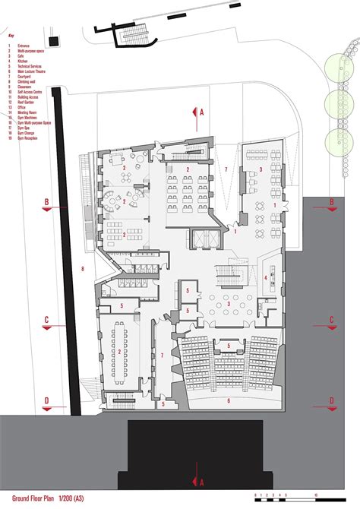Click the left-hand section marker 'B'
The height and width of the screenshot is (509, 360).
(x=46, y=203)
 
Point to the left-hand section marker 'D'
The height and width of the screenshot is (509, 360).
(x=46, y=400)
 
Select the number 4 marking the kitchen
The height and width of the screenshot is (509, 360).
(x=265, y=278)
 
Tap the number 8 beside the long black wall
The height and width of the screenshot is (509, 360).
(x=82, y=268)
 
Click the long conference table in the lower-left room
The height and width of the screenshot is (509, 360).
(x=118, y=353)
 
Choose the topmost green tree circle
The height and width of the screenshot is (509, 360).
(x=333, y=72)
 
